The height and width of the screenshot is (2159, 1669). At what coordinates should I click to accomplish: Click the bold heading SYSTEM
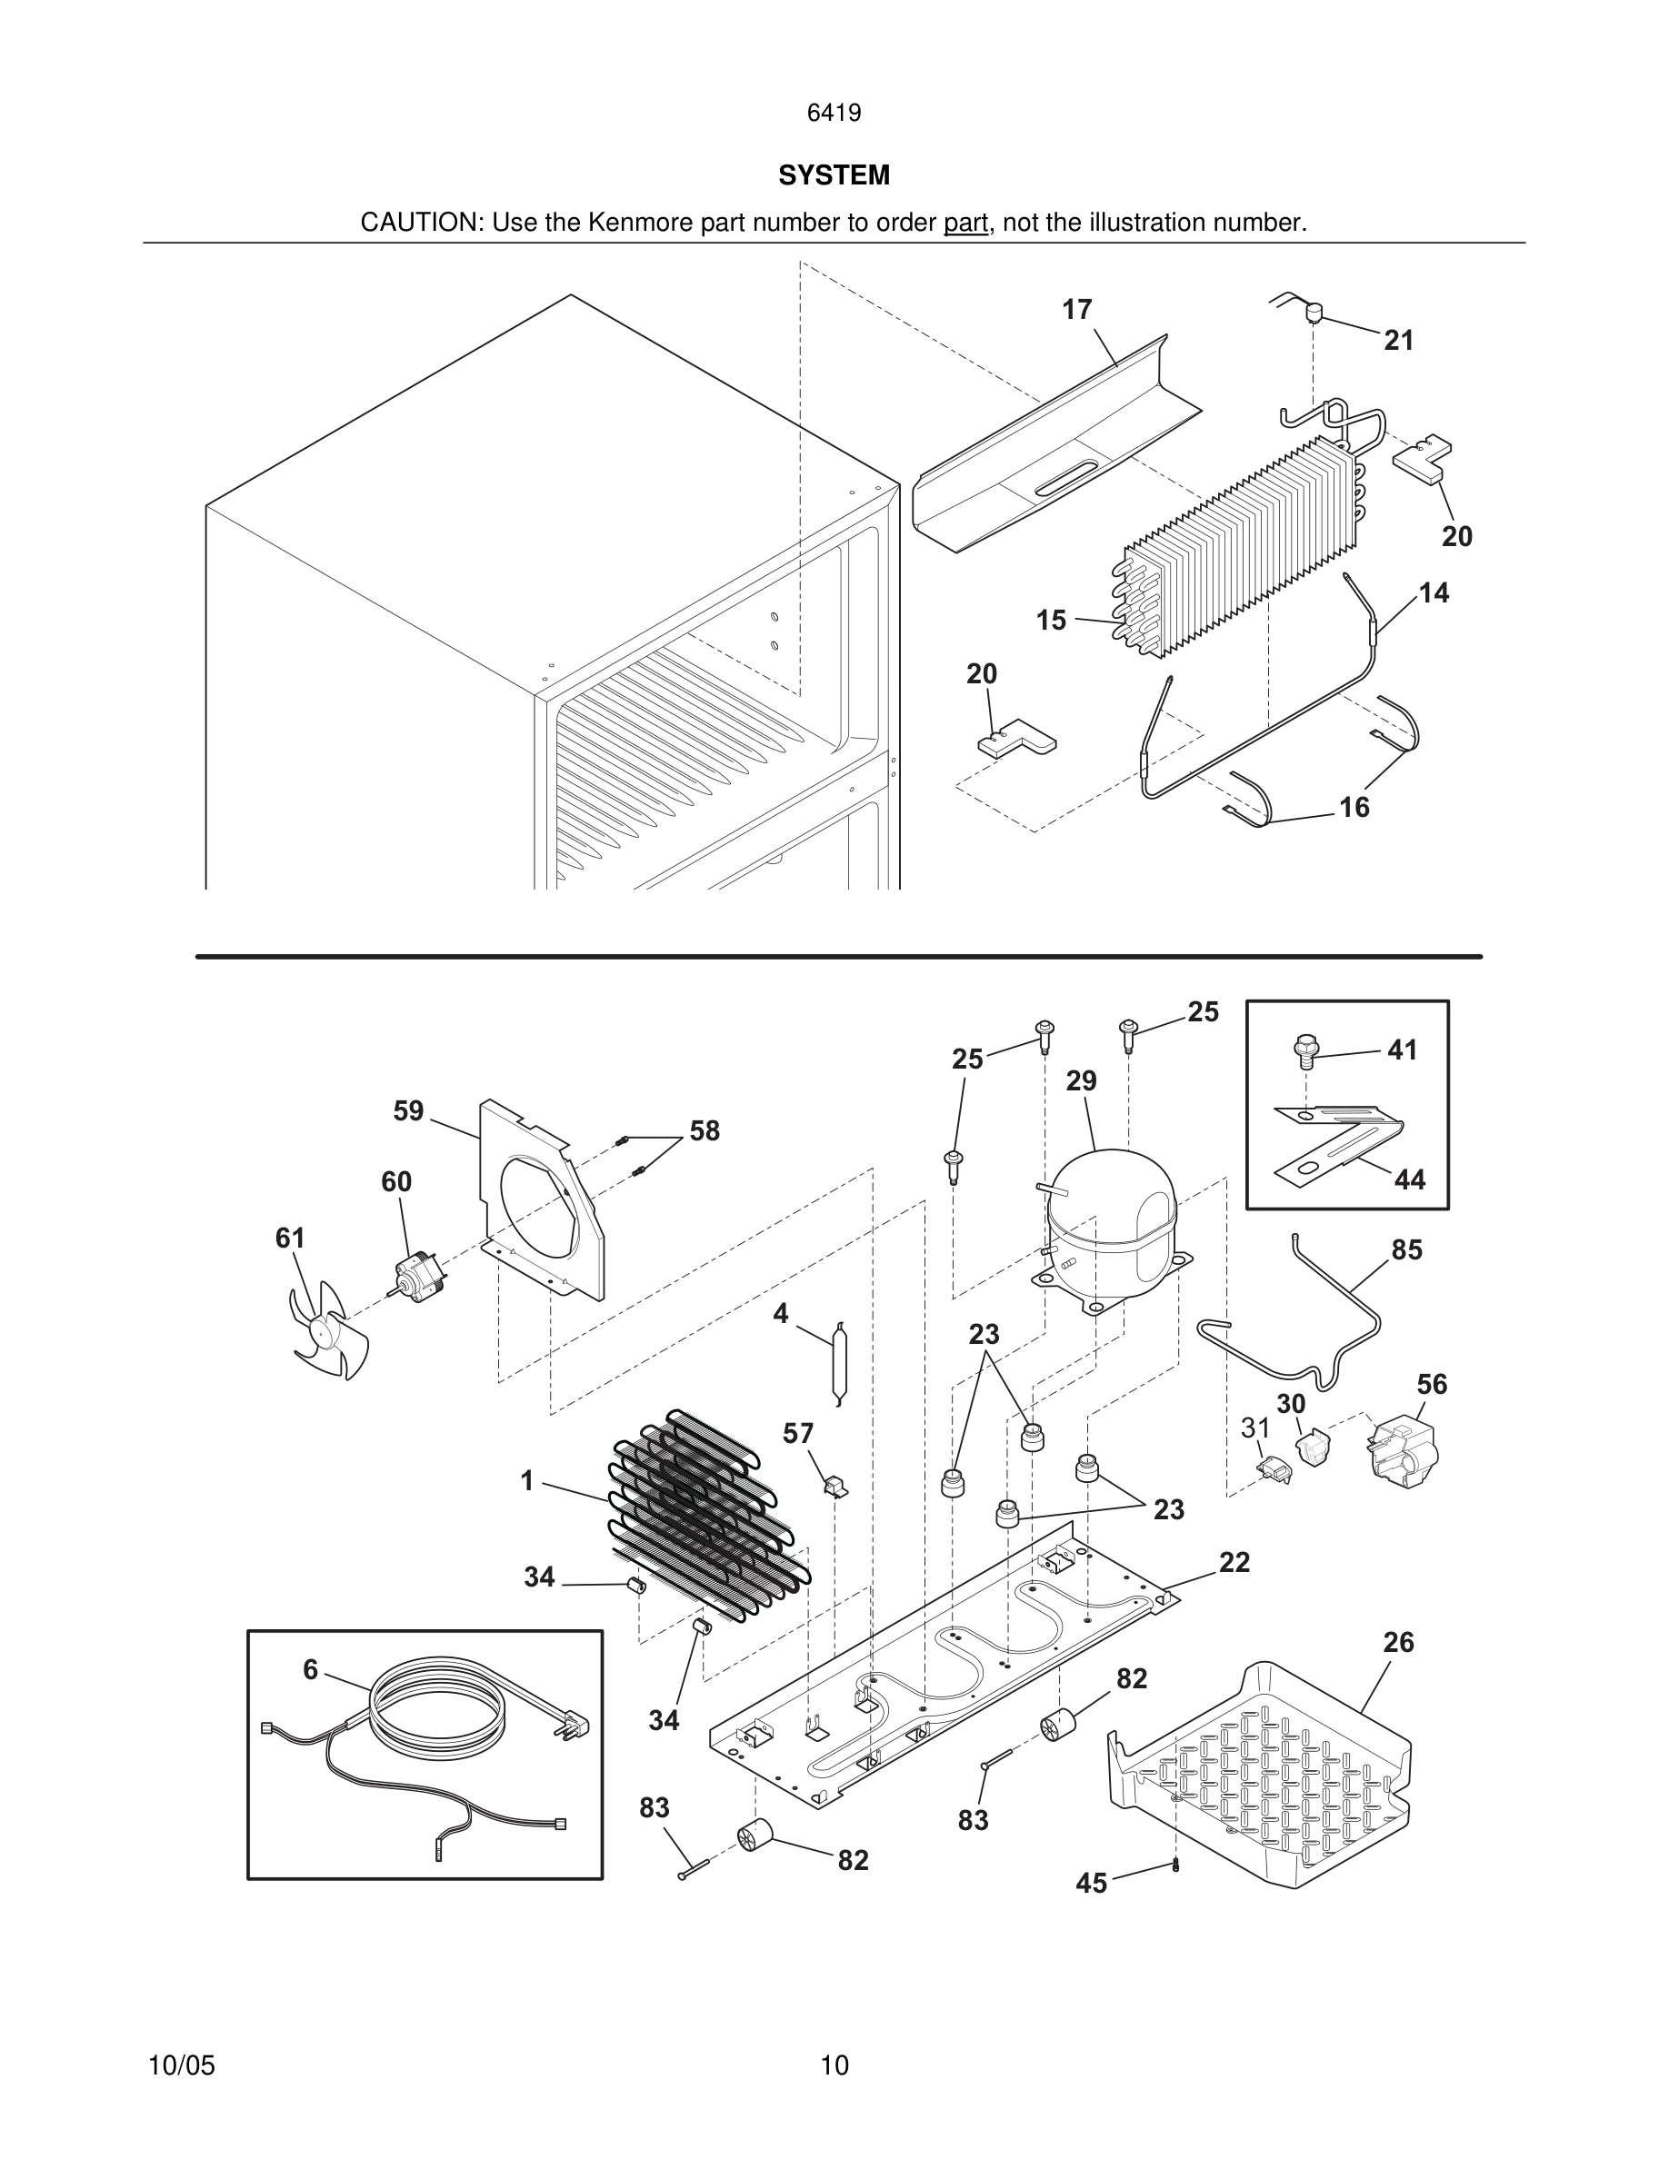(x=834, y=175)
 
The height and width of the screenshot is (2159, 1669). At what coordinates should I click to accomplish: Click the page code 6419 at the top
(x=834, y=113)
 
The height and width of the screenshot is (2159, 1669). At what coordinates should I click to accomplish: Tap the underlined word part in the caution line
(x=965, y=224)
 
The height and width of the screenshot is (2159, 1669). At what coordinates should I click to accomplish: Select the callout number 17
(x=1076, y=310)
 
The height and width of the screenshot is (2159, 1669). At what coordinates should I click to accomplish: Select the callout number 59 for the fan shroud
(x=408, y=1111)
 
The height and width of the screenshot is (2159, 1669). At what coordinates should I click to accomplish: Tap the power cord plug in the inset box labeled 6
(x=577, y=1724)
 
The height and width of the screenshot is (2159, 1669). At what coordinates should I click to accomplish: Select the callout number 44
(x=1409, y=1179)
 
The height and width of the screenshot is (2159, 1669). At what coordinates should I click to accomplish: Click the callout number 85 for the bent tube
(x=1406, y=1249)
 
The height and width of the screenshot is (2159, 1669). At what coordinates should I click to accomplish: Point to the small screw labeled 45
(x=1175, y=1865)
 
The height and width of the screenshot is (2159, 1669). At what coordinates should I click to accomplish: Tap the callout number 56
(x=1432, y=1384)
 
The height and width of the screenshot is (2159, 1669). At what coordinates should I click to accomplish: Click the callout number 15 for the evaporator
(x=1051, y=620)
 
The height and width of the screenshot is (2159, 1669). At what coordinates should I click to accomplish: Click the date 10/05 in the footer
(x=181, y=2065)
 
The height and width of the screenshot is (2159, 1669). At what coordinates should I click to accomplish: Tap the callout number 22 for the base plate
(x=1234, y=1562)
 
